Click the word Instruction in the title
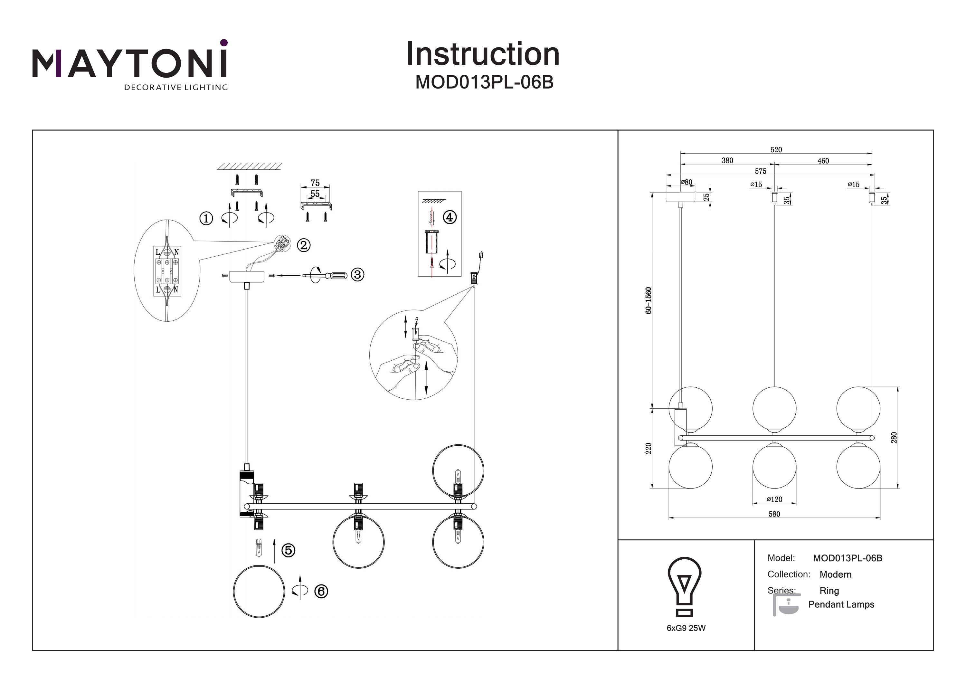[483, 54]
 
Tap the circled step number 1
[206, 218]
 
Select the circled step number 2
[303, 245]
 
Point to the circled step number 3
[357, 274]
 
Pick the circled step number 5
[288, 550]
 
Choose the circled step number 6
[321, 591]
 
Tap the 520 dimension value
[776, 150]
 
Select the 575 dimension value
[760, 171]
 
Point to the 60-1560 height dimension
[649, 300]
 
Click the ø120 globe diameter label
[774, 499]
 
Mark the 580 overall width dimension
[774, 514]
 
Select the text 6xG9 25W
[686, 628]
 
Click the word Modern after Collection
[835, 574]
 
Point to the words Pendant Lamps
[841, 604]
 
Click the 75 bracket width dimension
[315, 183]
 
